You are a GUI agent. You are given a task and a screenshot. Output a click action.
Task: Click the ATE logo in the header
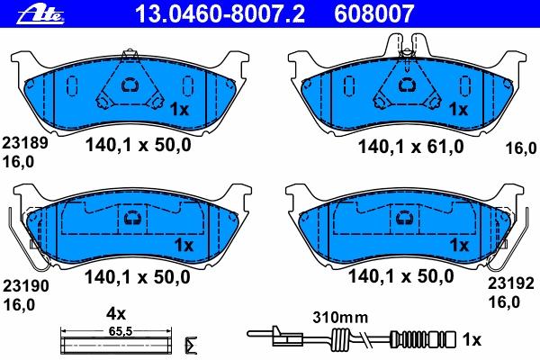click(40, 14)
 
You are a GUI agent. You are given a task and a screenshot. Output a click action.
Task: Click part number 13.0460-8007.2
click(220, 13)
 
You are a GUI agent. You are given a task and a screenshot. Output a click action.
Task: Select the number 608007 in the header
click(374, 13)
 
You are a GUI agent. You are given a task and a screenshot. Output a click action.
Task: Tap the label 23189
click(25, 142)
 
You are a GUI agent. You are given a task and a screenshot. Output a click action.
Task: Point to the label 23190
click(26, 285)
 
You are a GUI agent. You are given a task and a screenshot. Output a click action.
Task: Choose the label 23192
click(511, 283)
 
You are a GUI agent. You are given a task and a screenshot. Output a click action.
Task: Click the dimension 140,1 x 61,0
click(411, 147)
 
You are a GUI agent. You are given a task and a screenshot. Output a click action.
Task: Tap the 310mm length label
click(340, 318)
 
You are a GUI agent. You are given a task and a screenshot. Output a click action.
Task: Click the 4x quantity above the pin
click(116, 314)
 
